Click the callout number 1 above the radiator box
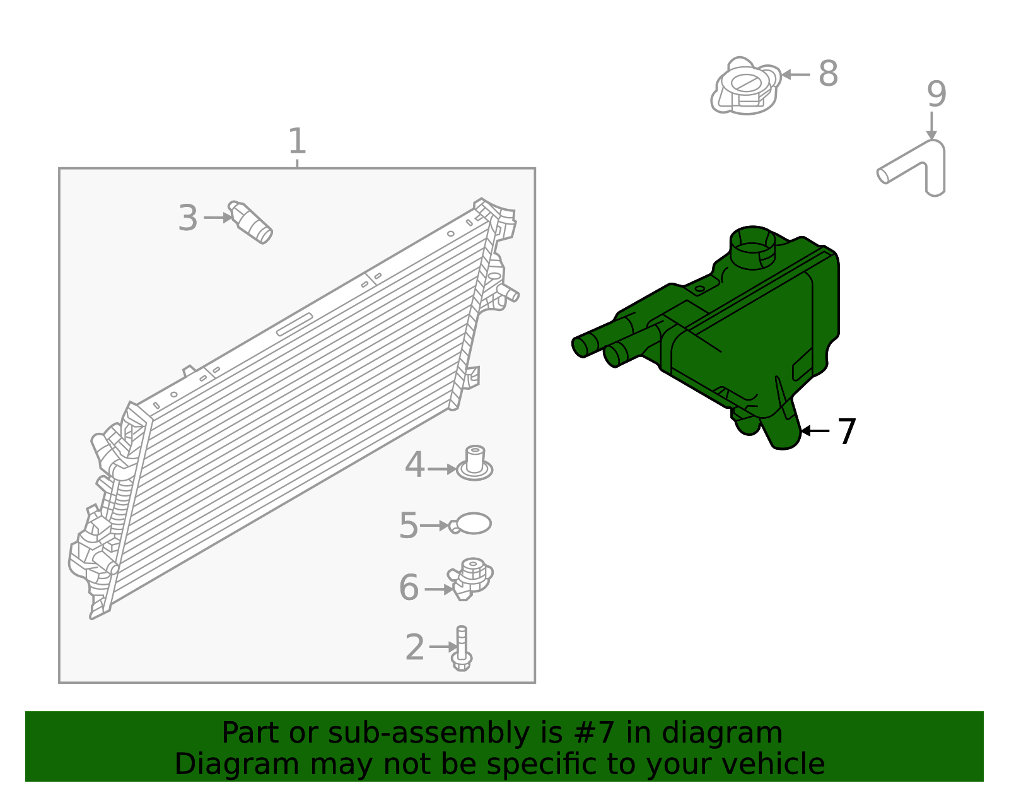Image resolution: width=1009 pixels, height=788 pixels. point(297,141)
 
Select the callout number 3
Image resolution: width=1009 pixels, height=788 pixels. point(188,218)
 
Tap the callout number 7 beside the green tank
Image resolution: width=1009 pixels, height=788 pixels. point(846,432)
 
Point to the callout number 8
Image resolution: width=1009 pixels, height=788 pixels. point(829,73)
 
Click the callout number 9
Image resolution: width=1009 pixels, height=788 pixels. point(936,94)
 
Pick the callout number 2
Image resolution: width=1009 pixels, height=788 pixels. point(415,647)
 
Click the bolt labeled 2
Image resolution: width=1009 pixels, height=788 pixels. point(462,648)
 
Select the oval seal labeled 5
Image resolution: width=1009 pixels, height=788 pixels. point(470,524)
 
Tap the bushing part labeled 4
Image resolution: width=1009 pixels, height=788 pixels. point(475,464)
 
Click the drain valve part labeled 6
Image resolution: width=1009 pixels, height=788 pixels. point(470,579)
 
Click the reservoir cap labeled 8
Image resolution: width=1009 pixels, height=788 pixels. point(746,86)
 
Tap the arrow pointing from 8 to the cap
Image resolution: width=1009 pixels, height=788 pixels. point(796,74)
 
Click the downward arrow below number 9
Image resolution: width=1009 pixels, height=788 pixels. point(931,126)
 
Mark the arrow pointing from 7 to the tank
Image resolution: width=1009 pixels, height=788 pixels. point(815,431)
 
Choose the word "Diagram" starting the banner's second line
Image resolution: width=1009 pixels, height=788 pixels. point(237,765)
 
